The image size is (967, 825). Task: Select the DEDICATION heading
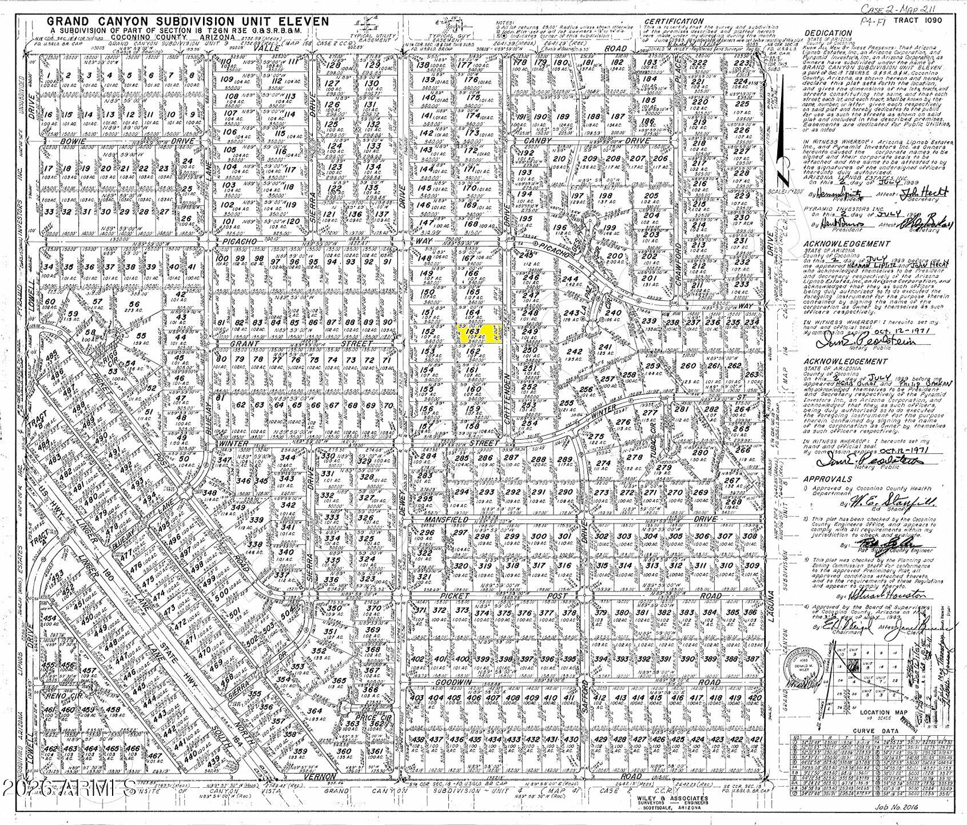[x=829, y=33]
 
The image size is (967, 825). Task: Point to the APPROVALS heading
[x=828, y=479]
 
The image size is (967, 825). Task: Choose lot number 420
[x=754, y=698]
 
